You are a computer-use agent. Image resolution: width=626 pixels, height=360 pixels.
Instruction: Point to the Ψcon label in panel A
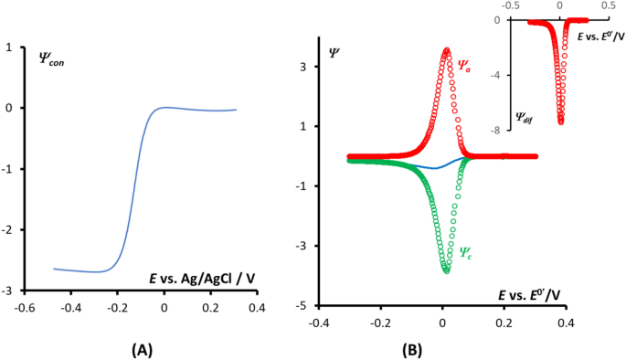pos(52,60)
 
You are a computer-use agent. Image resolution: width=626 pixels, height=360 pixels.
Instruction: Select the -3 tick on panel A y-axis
pos(8,291)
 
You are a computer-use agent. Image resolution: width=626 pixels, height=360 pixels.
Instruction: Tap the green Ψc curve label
pos(465,251)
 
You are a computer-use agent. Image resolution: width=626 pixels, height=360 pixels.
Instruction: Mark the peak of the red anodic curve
pos(446,50)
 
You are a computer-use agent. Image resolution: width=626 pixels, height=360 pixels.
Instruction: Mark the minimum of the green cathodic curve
pos(446,270)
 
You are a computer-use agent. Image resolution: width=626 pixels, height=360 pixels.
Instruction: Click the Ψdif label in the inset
pos(522,116)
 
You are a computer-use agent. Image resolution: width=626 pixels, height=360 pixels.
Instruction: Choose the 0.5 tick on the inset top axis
pos(608,5)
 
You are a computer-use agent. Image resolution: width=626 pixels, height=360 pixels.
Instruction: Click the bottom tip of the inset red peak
pos(560,121)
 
